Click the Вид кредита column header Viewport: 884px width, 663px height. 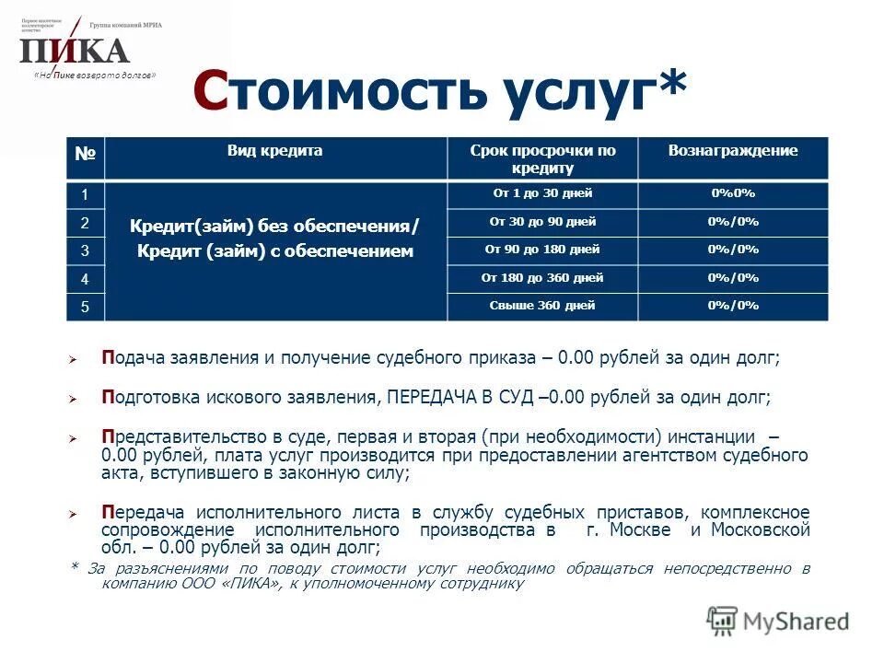(275, 151)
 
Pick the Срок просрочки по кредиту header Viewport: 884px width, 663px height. (542, 158)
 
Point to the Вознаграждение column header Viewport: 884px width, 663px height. (732, 151)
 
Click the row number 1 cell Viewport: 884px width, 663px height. (86, 195)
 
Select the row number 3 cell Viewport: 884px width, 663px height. (86, 250)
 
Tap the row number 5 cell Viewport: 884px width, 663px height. (86, 307)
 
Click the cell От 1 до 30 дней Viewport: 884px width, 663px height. (542, 193)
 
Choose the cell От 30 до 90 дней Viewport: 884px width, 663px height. (542, 222)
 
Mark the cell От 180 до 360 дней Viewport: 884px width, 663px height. (542, 277)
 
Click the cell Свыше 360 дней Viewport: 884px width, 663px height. (542, 306)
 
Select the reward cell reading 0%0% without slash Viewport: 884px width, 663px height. (732, 193)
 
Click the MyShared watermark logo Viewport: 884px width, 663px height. (777, 621)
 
